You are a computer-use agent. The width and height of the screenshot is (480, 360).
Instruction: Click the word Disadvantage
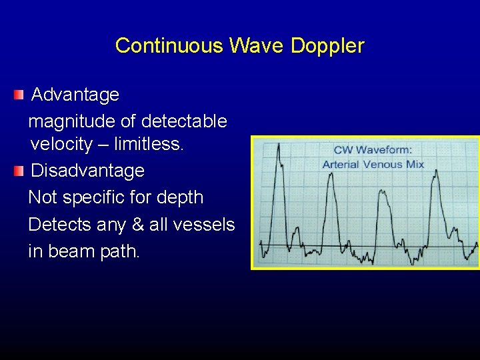click(88, 171)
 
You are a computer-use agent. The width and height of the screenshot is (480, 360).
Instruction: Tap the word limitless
click(149, 143)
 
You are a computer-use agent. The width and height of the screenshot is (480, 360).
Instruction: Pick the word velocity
click(61, 143)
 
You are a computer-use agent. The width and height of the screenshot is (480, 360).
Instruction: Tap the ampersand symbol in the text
click(138, 225)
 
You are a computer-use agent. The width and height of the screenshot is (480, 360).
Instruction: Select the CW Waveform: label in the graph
click(373, 151)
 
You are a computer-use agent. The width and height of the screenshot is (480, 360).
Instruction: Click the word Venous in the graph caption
click(382, 164)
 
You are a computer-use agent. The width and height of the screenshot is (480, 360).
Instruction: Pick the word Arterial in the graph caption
click(341, 164)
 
